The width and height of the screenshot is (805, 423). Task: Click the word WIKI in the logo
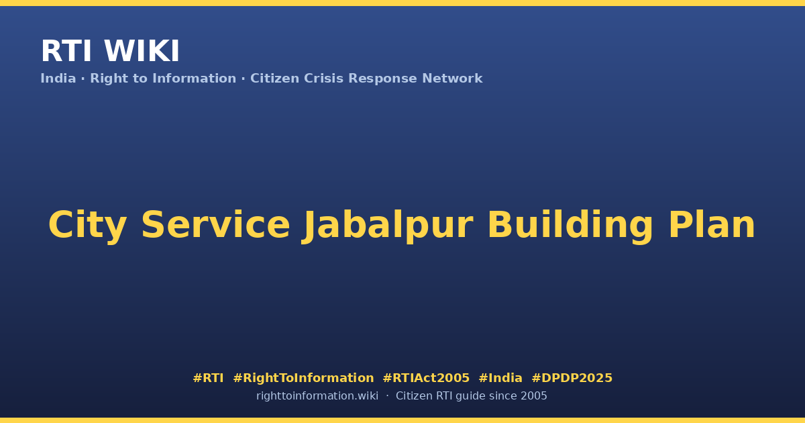pyautogui.click(x=142, y=51)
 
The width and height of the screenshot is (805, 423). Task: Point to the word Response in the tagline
pyautogui.click(x=382, y=79)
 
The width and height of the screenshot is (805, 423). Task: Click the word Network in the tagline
pyautogui.click(x=452, y=79)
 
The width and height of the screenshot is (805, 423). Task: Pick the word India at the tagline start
pyautogui.click(x=58, y=79)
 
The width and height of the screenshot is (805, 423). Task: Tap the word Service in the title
pyautogui.click(x=215, y=225)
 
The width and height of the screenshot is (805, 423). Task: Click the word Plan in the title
pyautogui.click(x=712, y=225)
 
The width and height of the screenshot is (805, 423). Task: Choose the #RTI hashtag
pyautogui.click(x=208, y=378)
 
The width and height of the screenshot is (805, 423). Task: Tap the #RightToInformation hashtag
pyautogui.click(x=303, y=378)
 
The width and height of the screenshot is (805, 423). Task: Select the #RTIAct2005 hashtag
pyautogui.click(x=426, y=378)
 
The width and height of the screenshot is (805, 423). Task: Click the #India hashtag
pyautogui.click(x=500, y=378)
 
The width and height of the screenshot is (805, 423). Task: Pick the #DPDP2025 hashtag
pyautogui.click(x=572, y=378)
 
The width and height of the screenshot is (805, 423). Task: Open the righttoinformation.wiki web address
pyautogui.click(x=317, y=396)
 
